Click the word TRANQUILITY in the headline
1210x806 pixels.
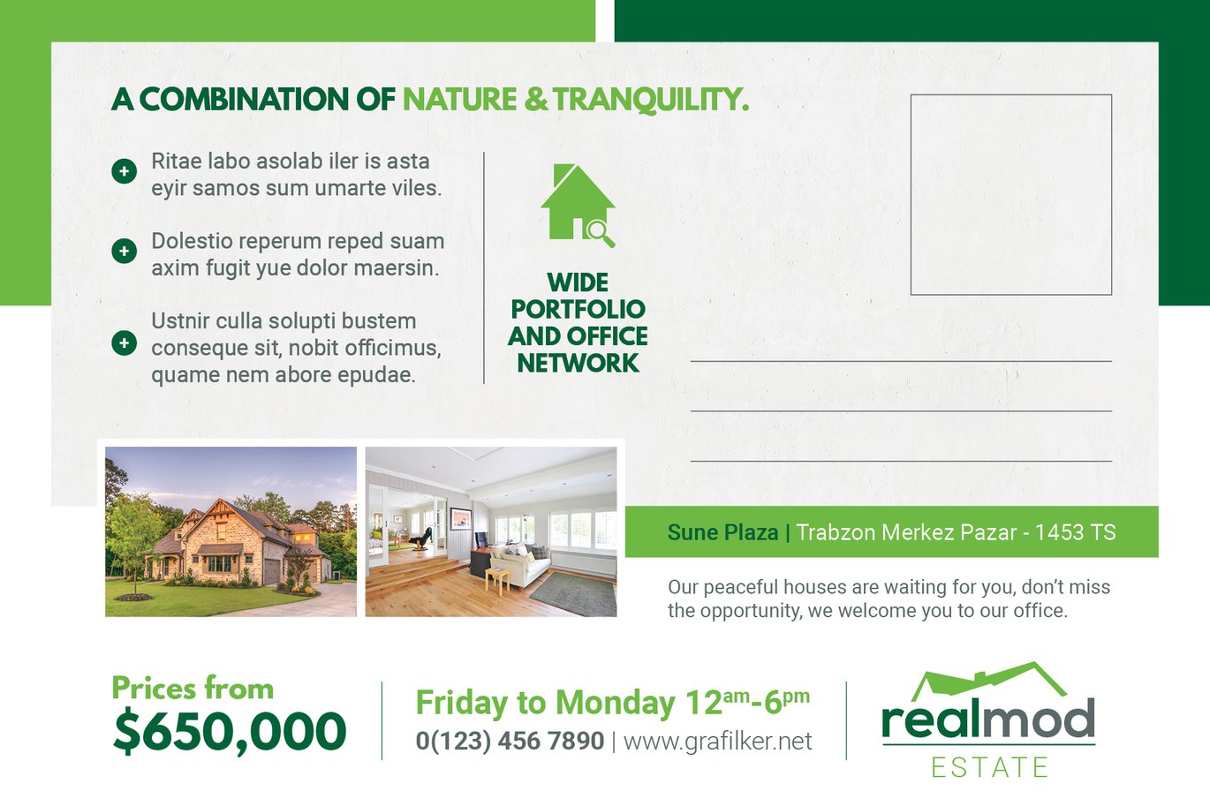(651, 100)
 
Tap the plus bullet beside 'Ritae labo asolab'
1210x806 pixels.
(125, 171)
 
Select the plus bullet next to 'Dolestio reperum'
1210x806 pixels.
(125, 251)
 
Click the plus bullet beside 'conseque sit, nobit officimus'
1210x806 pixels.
(125, 343)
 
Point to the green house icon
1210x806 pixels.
(578, 205)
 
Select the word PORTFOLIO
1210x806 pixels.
(578, 309)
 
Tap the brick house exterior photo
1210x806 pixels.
(231, 531)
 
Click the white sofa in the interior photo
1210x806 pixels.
(518, 564)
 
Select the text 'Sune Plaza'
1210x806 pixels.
(722, 532)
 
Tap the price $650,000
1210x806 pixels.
(230, 732)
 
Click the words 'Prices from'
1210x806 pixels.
(193, 689)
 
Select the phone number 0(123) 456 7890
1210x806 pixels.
(510, 741)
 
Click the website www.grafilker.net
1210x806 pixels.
(718, 742)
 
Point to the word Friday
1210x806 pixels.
(462, 703)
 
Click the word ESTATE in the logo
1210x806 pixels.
(989, 767)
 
